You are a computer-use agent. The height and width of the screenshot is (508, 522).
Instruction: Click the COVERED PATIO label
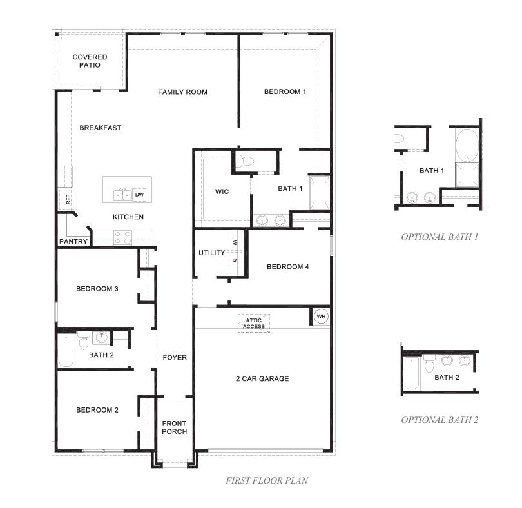click(90, 61)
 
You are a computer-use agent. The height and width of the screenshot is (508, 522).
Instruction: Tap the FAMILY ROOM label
click(182, 92)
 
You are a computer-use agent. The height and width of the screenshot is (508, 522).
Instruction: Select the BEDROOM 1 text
click(285, 92)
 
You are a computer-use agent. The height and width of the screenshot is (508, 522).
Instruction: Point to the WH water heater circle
click(321, 316)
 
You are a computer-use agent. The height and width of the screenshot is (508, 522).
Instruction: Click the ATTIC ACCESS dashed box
click(254, 323)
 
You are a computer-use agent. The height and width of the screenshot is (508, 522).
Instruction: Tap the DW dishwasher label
click(139, 195)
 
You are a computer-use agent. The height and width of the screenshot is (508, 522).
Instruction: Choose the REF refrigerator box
click(68, 200)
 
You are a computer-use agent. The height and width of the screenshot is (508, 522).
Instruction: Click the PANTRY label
click(73, 241)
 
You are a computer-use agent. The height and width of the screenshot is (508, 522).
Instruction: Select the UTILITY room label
click(212, 253)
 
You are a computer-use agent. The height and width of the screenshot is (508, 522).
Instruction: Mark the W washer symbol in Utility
click(235, 242)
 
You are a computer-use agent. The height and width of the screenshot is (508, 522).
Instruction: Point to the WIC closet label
click(222, 191)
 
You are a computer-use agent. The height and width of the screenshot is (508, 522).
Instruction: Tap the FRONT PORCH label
click(175, 427)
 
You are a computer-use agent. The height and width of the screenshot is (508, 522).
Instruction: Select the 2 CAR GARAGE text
click(262, 379)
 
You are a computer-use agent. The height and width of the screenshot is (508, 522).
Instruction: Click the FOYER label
click(175, 357)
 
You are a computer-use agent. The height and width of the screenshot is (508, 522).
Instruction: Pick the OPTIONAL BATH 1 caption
click(440, 237)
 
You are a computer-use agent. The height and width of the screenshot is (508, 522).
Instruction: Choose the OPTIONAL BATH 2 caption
click(440, 420)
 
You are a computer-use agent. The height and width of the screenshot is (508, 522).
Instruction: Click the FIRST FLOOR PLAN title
click(267, 480)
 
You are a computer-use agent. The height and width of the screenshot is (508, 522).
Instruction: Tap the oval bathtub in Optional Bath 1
click(467, 145)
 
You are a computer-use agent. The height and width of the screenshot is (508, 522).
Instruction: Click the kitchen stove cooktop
click(122, 237)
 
